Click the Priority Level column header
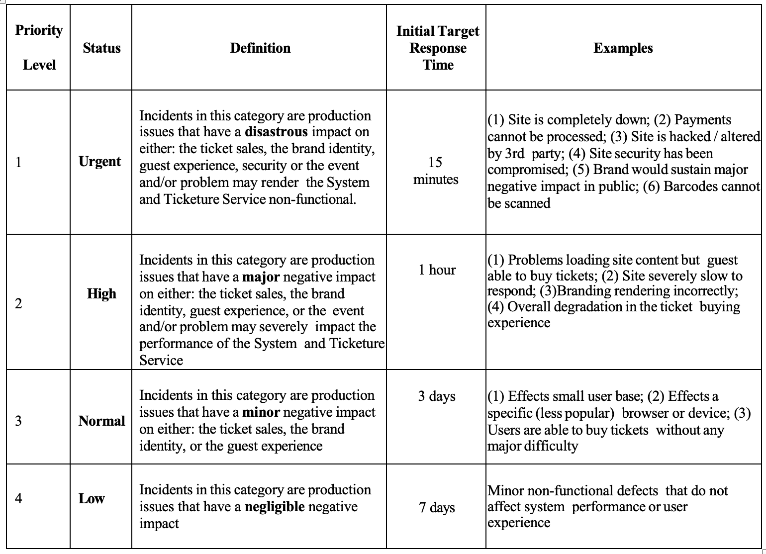pyautogui.click(x=39, y=47)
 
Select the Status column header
pyautogui.click(x=101, y=48)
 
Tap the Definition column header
pyautogui.click(x=260, y=48)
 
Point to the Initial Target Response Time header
pyautogui.click(x=438, y=48)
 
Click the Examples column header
pyautogui.click(x=623, y=48)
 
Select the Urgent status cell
pyautogui.click(x=100, y=162)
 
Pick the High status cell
pyautogui.click(x=101, y=294)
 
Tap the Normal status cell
pyautogui.click(x=101, y=421)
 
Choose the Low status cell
pyautogui.click(x=92, y=499)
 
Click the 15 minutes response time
pyautogui.click(x=436, y=171)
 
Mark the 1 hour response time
pyautogui.click(x=437, y=270)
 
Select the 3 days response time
pyautogui.click(x=437, y=396)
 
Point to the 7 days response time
pyautogui.click(x=437, y=508)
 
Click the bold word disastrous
pyautogui.click(x=276, y=132)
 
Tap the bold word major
pyautogui.click(x=261, y=277)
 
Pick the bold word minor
pyautogui.click(x=261, y=412)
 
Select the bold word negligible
pyautogui.click(x=275, y=507)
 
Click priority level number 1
pyautogui.click(x=18, y=162)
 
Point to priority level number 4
pyautogui.click(x=18, y=498)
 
